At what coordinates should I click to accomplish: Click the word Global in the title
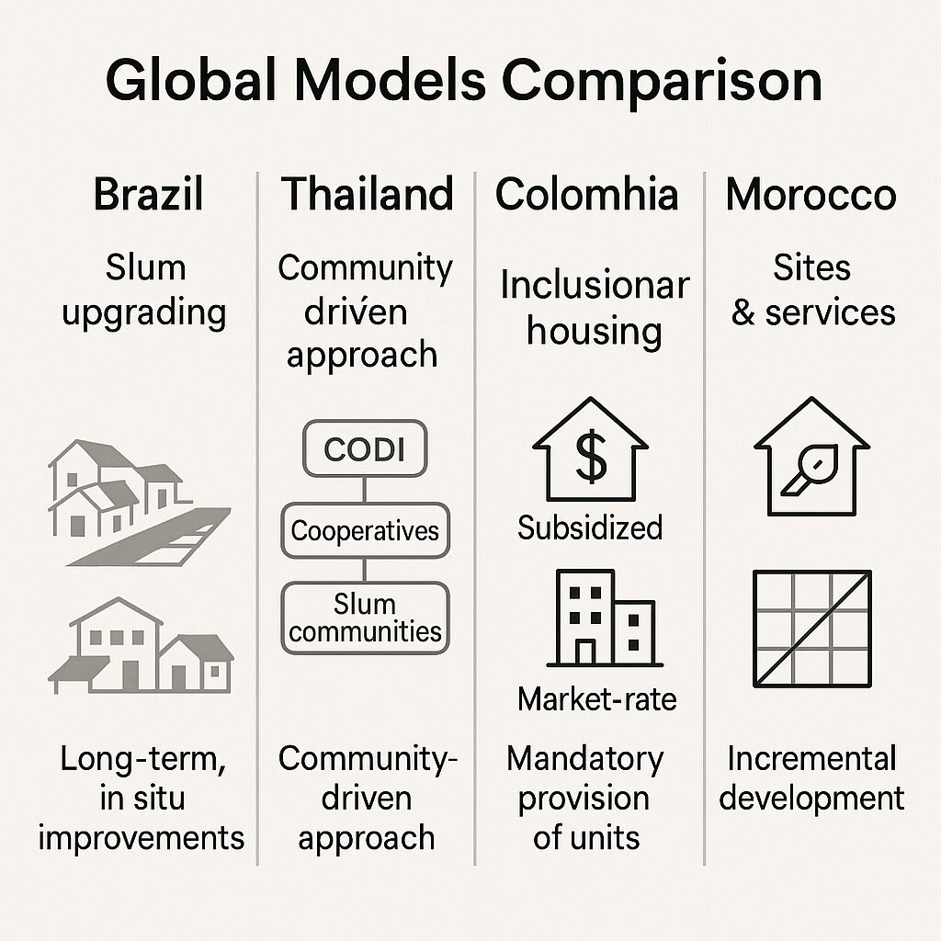(x=190, y=81)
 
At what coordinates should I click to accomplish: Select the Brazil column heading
(x=148, y=194)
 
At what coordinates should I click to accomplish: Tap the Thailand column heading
(x=368, y=194)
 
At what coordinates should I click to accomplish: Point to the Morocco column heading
(x=811, y=195)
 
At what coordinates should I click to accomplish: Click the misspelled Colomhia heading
(x=587, y=194)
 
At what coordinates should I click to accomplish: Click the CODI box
(x=365, y=448)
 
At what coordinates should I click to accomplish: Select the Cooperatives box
(x=365, y=531)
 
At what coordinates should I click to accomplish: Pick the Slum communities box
(x=365, y=618)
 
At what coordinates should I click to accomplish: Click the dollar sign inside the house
(x=591, y=458)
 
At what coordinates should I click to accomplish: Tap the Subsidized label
(x=590, y=528)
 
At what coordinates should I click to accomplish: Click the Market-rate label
(x=597, y=699)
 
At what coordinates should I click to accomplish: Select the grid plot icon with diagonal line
(x=812, y=629)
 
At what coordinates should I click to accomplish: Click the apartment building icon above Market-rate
(x=605, y=618)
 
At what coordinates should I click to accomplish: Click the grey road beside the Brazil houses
(x=150, y=537)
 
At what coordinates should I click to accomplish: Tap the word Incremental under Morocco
(x=812, y=758)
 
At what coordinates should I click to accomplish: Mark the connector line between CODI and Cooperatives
(x=365, y=491)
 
